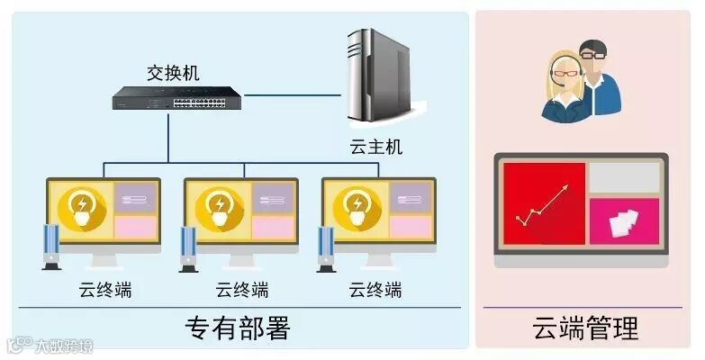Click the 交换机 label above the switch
click(x=173, y=71)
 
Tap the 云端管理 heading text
click(x=585, y=328)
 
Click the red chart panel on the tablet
click(x=543, y=203)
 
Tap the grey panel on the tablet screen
click(x=623, y=178)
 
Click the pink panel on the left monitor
click(x=136, y=228)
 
